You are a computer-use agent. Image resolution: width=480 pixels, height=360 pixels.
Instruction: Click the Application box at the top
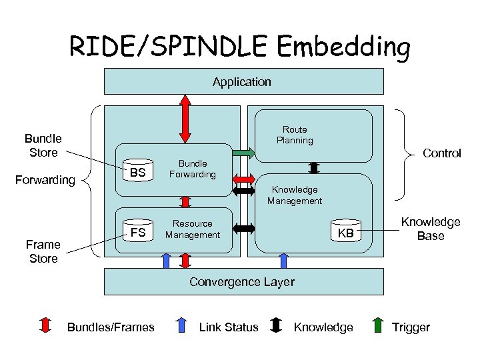click(243, 82)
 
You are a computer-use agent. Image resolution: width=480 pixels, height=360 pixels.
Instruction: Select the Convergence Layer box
click(243, 281)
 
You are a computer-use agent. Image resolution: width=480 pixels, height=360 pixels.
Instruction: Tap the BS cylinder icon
click(138, 171)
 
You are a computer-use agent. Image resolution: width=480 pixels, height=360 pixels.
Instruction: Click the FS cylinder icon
click(138, 232)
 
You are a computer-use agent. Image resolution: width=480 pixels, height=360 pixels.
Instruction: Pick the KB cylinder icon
click(345, 233)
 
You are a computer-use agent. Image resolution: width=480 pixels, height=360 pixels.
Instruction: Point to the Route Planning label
click(295, 135)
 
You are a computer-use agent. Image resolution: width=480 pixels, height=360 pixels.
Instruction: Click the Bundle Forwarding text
click(192, 169)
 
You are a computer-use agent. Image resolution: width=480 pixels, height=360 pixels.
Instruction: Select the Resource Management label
click(192, 229)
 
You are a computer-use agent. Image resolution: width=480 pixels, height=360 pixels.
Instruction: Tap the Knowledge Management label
click(295, 195)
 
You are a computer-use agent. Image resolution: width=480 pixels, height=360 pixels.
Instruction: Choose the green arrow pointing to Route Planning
click(243, 153)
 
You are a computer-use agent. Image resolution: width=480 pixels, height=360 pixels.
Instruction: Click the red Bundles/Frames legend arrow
click(46, 326)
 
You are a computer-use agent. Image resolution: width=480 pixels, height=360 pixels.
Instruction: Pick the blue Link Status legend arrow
click(180, 326)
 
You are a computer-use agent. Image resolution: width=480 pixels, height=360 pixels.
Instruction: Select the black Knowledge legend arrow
click(276, 326)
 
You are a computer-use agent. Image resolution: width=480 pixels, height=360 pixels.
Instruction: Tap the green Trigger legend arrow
click(377, 326)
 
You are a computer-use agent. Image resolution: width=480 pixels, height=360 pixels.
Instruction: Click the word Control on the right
click(442, 153)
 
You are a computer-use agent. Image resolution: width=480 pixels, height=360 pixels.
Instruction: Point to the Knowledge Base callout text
click(430, 229)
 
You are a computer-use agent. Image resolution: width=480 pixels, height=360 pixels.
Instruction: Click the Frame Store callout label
click(43, 251)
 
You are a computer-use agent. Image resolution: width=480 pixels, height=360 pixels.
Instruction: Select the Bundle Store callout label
click(43, 145)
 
